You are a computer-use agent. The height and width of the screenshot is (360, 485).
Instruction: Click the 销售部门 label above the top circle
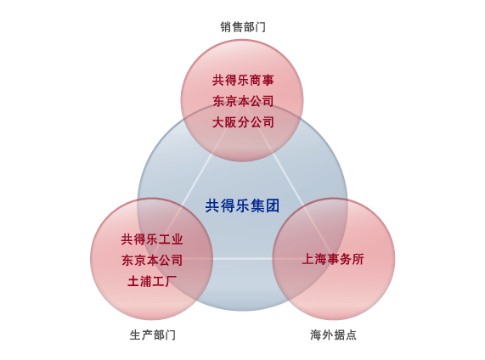coord(243,27)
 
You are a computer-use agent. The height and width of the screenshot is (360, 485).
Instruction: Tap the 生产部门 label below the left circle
coord(153,335)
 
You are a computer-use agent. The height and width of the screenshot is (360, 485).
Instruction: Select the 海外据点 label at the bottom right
coord(333,335)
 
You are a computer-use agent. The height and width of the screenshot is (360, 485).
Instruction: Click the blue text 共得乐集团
coord(243,205)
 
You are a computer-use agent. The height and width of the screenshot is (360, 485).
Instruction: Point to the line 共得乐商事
coord(243,80)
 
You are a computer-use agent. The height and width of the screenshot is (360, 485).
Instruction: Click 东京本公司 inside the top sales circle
coord(243,101)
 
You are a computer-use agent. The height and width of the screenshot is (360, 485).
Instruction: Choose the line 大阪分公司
coord(243,122)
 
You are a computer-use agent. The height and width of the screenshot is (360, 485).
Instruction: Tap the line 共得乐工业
coord(152,239)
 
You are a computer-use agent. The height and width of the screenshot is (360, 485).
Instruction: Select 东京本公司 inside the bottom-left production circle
coord(152,260)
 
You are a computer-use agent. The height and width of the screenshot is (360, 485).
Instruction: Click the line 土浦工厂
coord(152,281)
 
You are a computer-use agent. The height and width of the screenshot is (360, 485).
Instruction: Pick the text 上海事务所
coord(333,259)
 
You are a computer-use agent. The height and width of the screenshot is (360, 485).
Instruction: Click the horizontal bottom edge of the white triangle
coord(243,259)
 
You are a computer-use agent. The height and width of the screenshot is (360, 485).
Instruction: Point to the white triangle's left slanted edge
coord(197,180)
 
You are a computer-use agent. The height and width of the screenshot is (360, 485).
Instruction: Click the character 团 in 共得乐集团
coord(273,205)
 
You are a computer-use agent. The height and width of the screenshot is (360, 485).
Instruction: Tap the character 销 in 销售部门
coord(226,27)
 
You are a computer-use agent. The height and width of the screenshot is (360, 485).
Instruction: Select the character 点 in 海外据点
coord(351,335)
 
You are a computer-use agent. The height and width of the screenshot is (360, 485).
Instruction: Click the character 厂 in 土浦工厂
coord(171,281)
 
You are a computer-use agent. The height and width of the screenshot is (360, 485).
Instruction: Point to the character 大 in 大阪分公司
coord(218,122)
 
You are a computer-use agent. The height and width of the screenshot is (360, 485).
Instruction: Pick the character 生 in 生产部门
coord(136,335)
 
